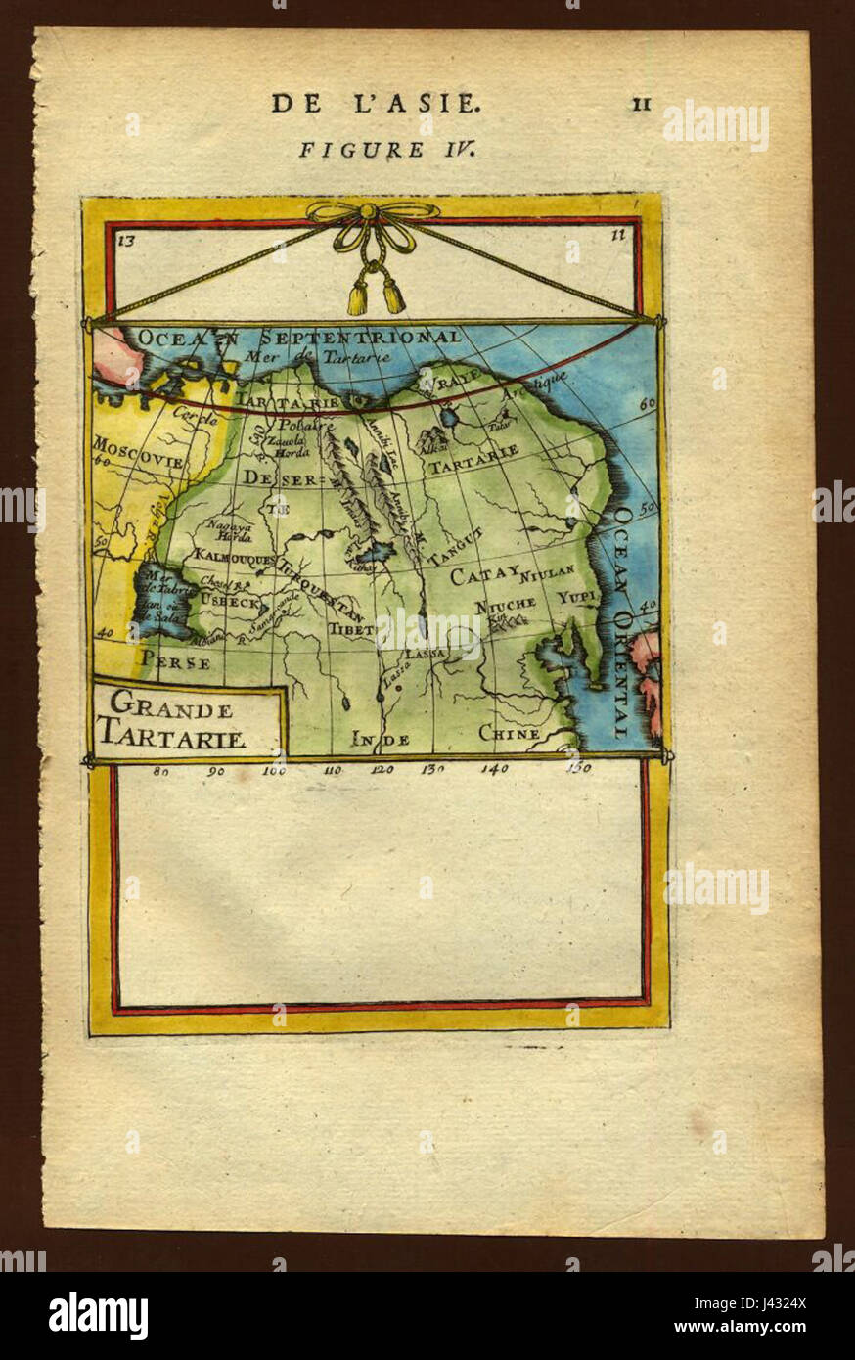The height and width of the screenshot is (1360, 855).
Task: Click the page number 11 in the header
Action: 642,104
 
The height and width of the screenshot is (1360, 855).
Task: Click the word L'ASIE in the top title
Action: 428,103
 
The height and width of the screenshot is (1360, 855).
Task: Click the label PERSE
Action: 176,662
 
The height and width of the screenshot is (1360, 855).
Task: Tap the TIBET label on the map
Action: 351,631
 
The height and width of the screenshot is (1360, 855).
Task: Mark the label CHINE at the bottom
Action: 509,733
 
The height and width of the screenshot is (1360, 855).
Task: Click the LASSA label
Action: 426,653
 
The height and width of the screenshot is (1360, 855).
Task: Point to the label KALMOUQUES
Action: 234,555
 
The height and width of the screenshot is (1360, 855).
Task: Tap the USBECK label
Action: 230,604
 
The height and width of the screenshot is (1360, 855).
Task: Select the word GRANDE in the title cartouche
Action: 170,704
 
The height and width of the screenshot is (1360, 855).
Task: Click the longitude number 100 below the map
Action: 274,770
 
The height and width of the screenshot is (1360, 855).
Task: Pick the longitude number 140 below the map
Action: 494,770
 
